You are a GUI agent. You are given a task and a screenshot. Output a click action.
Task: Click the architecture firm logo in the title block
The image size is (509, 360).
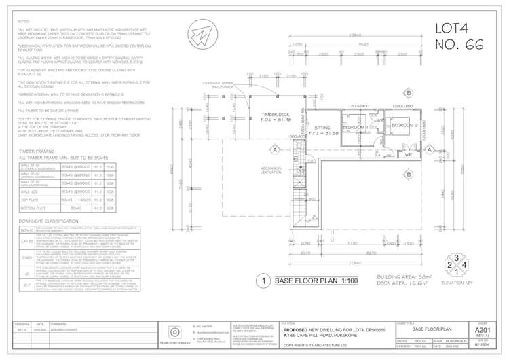point(174,333)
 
